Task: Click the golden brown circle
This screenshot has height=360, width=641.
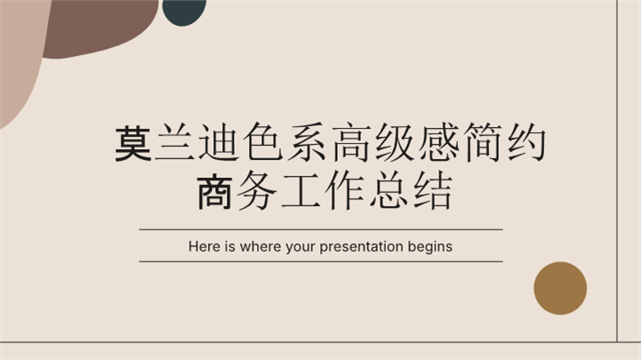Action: click(x=560, y=288)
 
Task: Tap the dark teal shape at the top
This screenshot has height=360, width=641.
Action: click(x=185, y=10)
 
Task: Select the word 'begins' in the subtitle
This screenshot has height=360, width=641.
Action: click(x=429, y=246)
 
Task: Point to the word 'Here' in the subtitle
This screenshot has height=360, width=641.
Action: click(x=203, y=246)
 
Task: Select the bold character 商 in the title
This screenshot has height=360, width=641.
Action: click(x=215, y=192)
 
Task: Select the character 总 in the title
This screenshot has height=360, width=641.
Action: click(x=385, y=192)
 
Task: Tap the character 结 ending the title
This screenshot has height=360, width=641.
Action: click(x=428, y=192)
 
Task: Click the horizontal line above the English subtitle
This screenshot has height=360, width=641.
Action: click(x=320, y=229)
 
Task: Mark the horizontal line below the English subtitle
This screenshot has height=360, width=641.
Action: click(x=320, y=261)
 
